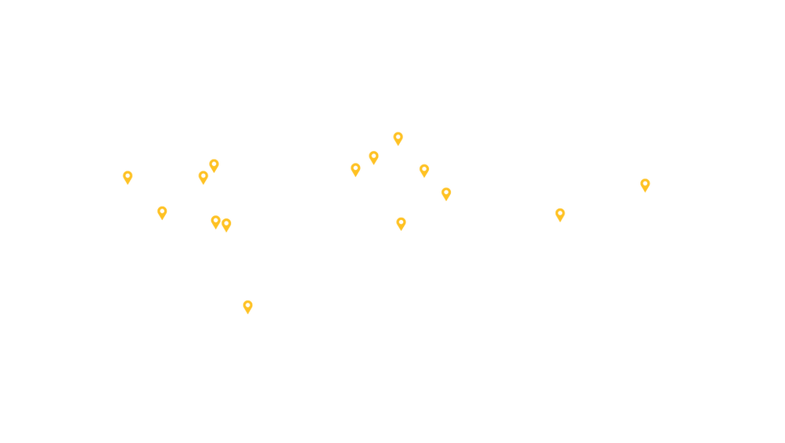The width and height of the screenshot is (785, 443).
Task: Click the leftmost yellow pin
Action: (128, 177)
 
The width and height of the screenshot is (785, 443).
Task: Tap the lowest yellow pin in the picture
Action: (247, 306)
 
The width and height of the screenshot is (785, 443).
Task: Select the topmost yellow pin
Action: (398, 137)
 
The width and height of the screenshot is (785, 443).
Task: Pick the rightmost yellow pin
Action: (645, 184)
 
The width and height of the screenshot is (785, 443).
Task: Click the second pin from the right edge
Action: (560, 213)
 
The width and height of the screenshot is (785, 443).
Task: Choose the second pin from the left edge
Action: (162, 211)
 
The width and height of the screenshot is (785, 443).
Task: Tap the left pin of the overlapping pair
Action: (215, 221)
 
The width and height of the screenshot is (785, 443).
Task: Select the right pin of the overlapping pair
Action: (227, 225)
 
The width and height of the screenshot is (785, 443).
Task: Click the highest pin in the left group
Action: (214, 164)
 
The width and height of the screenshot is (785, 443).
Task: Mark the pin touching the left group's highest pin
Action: (203, 177)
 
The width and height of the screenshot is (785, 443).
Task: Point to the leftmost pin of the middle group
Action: (355, 169)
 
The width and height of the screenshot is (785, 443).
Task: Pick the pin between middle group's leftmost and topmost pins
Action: (373, 157)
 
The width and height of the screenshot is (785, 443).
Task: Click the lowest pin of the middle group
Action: (401, 223)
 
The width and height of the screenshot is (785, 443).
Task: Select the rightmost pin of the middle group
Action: (445, 193)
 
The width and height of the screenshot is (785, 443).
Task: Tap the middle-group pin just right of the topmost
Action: (423, 169)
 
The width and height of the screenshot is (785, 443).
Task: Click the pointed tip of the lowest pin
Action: (247, 317)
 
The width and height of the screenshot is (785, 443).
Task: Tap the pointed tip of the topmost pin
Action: (398, 148)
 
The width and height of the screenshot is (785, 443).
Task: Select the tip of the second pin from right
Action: (560, 224)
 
